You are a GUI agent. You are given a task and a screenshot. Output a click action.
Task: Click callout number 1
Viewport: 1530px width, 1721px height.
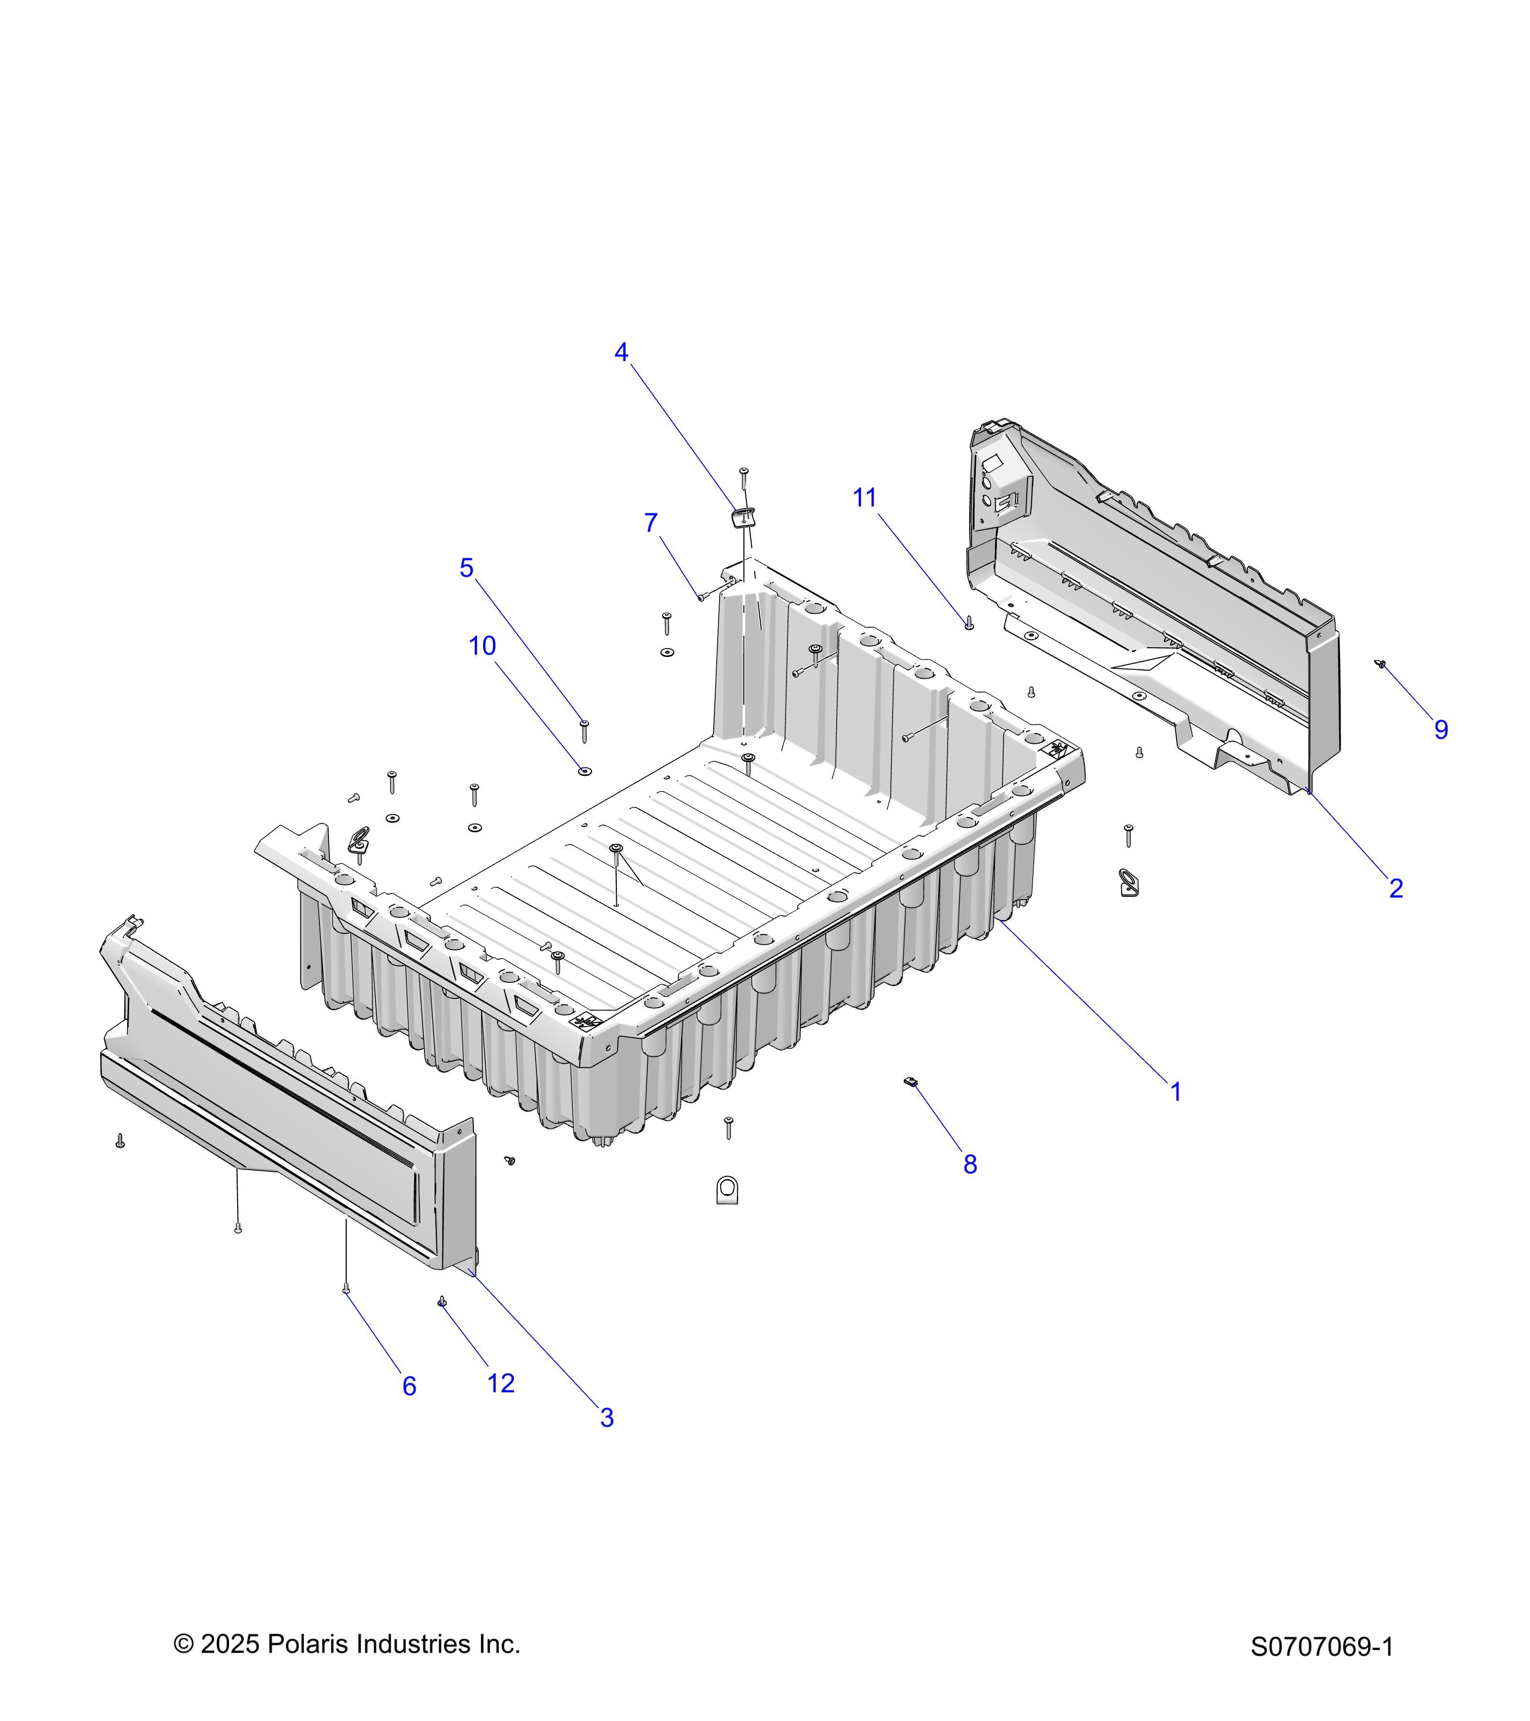(1176, 1092)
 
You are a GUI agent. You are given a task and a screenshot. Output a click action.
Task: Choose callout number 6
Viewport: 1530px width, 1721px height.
(409, 1386)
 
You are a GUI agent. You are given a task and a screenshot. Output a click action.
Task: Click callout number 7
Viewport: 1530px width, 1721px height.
(651, 523)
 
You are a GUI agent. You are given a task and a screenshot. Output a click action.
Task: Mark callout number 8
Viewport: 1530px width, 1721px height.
(970, 1165)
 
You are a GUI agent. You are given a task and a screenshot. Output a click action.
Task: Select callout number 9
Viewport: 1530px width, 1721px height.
(1442, 730)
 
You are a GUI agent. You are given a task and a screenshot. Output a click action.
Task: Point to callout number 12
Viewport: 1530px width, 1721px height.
(501, 1383)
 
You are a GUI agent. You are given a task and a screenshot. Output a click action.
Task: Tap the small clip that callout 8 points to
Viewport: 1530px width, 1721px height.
(909, 1082)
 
